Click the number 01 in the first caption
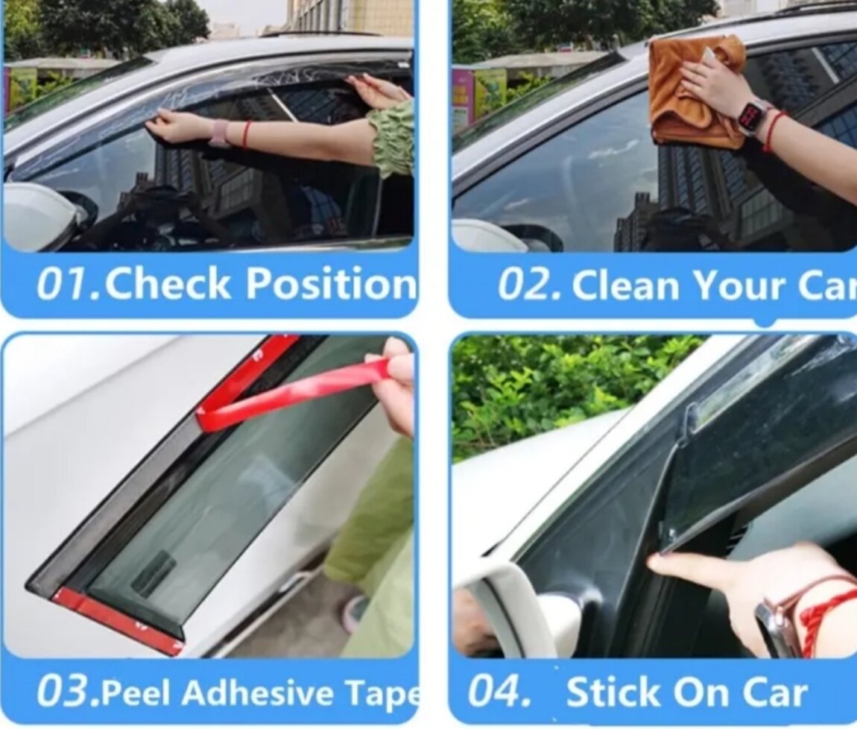pyautogui.click(x=69, y=284)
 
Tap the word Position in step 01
pyautogui.click(x=331, y=283)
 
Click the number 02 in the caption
pyautogui.click(x=529, y=285)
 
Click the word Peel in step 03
pyautogui.click(x=137, y=692)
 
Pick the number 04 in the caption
pyautogui.click(x=499, y=691)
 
